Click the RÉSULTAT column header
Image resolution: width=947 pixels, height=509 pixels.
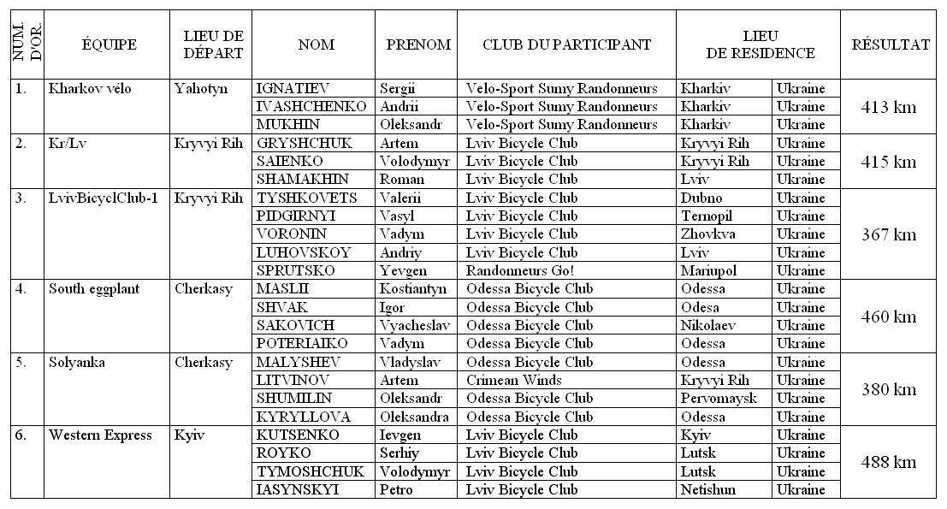click(x=890, y=45)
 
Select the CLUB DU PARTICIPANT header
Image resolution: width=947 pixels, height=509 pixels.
click(x=566, y=45)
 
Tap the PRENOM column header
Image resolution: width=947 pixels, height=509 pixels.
click(x=418, y=45)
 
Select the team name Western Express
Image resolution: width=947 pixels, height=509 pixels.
click(x=100, y=435)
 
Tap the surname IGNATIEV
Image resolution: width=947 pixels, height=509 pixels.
click(x=293, y=89)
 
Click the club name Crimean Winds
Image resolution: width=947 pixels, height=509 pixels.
click(x=514, y=381)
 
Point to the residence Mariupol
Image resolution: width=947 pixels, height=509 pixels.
click(x=708, y=271)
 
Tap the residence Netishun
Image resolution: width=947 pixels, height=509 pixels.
click(x=709, y=490)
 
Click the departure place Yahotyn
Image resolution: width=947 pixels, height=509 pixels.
click(x=201, y=89)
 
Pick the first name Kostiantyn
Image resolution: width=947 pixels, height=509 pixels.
click(x=414, y=289)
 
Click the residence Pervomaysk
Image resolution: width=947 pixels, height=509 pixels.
click(x=719, y=399)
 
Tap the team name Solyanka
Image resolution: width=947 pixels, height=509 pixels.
click(x=77, y=363)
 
